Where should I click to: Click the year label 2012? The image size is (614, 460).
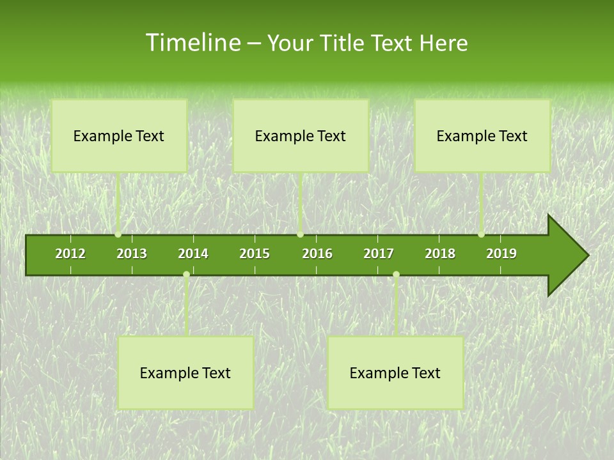70,254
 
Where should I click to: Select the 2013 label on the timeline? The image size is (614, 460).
132,254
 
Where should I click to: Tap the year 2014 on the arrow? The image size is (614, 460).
193,254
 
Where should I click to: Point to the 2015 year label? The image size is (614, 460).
255,254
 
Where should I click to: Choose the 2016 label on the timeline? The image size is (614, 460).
317,254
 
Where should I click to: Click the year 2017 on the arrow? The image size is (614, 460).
379,254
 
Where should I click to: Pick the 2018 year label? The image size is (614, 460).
440,254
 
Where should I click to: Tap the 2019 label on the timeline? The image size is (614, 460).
501,254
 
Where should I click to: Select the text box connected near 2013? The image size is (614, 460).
119,135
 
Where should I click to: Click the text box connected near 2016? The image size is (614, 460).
301,135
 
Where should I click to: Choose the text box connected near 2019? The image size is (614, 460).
482,135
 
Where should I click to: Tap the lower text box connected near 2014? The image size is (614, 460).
185,372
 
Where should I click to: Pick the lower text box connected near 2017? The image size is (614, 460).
395,372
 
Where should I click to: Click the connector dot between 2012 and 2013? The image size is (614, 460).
118,234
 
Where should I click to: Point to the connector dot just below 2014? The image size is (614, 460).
186,275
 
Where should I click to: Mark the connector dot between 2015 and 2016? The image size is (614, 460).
300,234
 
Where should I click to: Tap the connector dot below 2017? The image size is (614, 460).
396,275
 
